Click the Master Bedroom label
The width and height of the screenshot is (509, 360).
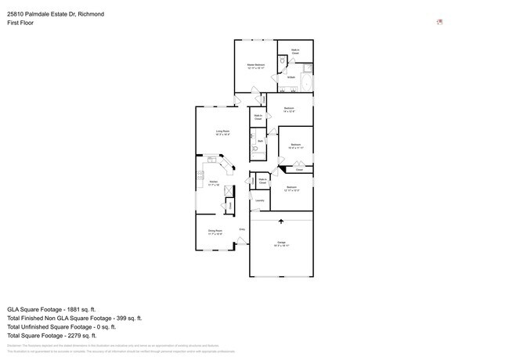[256, 65]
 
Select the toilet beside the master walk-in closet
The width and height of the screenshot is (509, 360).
[282, 60]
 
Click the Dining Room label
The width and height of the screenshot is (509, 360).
[215, 231]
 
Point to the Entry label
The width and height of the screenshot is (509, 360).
[242, 229]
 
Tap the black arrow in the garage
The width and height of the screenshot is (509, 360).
[281, 222]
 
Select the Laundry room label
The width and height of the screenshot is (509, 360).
[258, 200]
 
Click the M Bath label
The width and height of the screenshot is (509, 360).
[291, 77]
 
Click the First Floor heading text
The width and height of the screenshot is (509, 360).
[20, 23]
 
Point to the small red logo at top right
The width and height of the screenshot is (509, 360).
[440, 22]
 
